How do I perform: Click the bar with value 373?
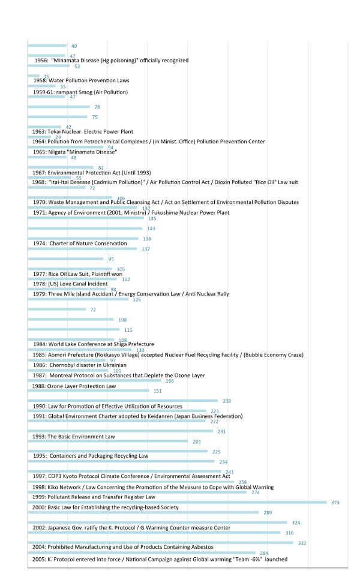[177, 503]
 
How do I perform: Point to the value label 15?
[47, 77]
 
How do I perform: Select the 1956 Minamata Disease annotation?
[111, 61]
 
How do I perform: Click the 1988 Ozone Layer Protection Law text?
[74, 386]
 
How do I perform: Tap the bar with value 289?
[143, 513]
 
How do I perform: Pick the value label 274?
[256, 492]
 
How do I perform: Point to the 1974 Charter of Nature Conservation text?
[80, 244]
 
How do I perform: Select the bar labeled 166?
[94, 381]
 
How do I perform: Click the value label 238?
[227, 401]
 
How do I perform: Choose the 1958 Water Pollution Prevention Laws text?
[81, 80]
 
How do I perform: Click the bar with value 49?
[47, 46]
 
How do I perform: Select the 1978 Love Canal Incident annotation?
[70, 284]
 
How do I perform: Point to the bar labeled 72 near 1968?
[56, 188]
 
